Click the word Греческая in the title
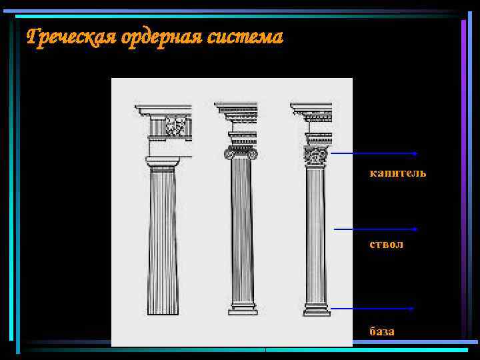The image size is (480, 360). [71, 37]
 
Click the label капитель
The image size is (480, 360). [397, 173]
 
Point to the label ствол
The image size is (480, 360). [386, 245]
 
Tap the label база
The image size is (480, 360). [382, 331]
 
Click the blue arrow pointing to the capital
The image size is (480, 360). [374, 153]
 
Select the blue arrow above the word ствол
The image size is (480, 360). [375, 229]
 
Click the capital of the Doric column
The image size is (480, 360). [163, 162]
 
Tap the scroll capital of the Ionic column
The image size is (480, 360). [241, 153]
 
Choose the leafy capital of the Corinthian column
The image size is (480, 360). [315, 155]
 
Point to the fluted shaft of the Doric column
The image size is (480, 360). [163, 240]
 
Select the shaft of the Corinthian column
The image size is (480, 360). [315, 233]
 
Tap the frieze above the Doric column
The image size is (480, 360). [169, 126]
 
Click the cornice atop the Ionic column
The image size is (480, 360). [236, 107]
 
